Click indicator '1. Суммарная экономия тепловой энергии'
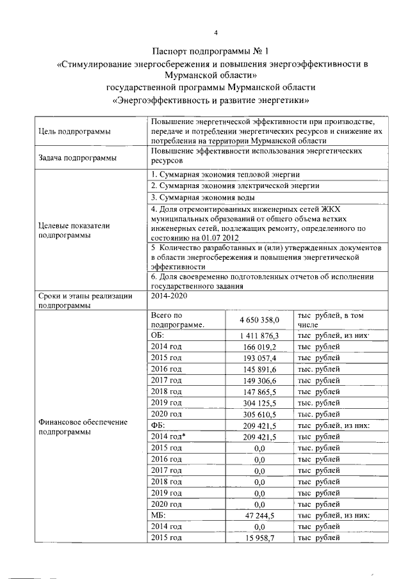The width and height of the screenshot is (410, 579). point(225,175)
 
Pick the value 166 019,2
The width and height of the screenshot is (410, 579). point(263,347)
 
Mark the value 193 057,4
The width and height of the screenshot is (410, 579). point(263,358)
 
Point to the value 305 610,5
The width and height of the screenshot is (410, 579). point(263,415)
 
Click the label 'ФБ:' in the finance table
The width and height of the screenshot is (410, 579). point(158,426)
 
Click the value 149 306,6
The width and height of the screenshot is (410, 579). point(263,381)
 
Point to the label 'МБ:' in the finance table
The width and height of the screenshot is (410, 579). point(158,515)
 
